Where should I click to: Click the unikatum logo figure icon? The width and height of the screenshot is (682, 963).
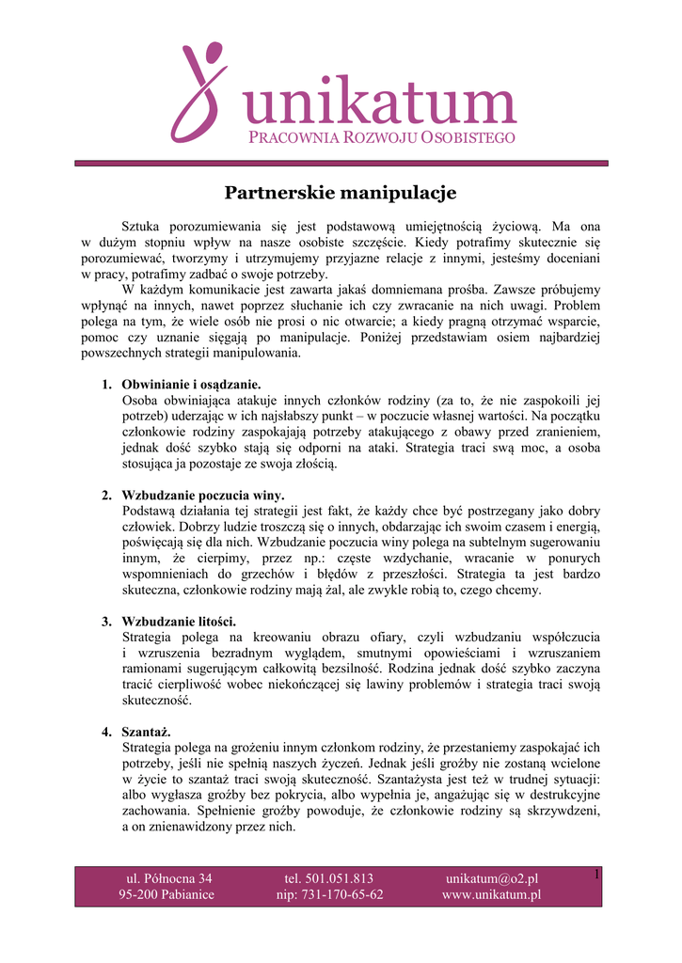(198, 91)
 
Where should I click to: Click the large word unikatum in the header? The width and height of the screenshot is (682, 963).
(378, 105)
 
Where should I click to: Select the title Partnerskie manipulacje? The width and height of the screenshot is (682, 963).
(341, 193)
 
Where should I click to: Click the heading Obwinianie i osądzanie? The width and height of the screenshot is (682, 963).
(191, 385)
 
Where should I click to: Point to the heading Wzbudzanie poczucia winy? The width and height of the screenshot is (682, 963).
(203, 495)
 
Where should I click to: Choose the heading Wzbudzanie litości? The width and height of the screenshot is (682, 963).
(179, 621)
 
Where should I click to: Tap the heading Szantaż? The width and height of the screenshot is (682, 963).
(147, 732)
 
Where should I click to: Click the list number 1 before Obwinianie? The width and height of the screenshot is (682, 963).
(105, 385)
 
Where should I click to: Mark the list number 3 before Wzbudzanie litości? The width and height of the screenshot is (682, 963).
(105, 621)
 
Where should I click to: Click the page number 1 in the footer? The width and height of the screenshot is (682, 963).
(596, 876)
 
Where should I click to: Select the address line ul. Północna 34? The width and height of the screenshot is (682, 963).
(169, 878)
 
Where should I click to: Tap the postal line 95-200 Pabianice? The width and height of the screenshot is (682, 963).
(167, 894)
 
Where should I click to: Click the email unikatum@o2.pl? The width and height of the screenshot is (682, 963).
(491, 878)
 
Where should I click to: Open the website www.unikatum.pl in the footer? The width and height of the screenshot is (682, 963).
(491, 894)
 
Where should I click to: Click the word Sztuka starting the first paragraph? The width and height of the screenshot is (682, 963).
(143, 227)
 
